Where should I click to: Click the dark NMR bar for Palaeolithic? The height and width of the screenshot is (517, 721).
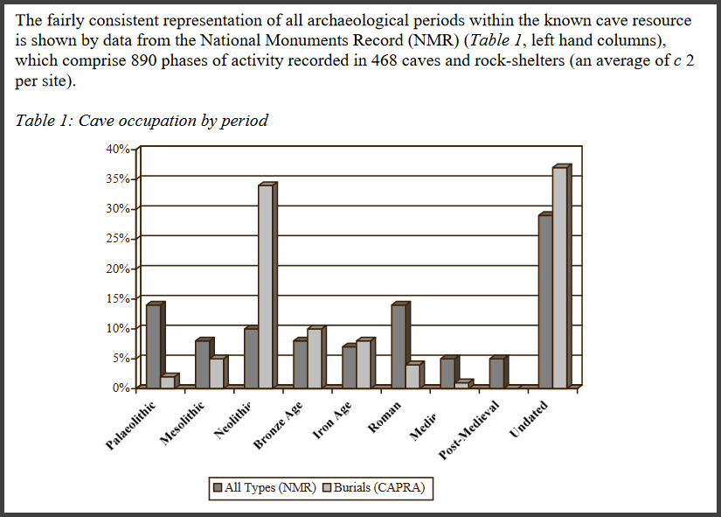[x=153, y=346]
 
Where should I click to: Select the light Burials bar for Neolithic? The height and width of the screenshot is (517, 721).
[x=265, y=286]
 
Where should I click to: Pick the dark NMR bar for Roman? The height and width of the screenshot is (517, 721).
[x=399, y=346]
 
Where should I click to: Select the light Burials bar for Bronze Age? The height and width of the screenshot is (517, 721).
[x=314, y=358]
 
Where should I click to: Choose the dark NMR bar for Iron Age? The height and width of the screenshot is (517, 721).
[x=350, y=367]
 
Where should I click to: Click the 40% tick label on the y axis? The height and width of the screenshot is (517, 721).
[x=118, y=149]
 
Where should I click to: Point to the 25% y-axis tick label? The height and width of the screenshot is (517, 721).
[x=118, y=238]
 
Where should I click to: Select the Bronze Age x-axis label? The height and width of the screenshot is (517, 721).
[x=279, y=426]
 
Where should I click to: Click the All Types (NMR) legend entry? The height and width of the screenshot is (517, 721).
[x=266, y=487]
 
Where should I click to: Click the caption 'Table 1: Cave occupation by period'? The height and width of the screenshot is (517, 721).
[x=142, y=120]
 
